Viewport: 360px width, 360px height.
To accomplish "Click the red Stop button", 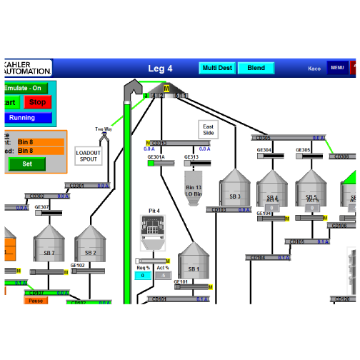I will [x=37, y=102].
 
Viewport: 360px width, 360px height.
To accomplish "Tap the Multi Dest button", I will [x=217, y=68].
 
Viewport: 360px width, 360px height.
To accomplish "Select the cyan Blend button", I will [x=256, y=68].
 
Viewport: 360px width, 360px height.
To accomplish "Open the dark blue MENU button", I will [x=337, y=68].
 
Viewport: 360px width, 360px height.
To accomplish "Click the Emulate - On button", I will [x=24, y=88].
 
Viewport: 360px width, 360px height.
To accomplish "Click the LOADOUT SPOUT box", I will [x=89, y=156].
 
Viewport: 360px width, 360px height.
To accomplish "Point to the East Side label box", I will [x=208, y=129].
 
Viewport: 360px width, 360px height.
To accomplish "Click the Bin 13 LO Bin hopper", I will [x=194, y=189].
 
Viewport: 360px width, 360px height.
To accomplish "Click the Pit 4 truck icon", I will [x=154, y=232].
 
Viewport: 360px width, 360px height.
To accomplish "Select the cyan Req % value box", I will [x=143, y=275].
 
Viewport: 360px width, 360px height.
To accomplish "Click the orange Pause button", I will [x=36, y=301].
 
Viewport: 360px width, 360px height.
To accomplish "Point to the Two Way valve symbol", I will [x=104, y=136].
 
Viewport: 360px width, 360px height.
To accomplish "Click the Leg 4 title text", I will [x=160, y=69].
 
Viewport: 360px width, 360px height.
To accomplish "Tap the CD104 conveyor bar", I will [x=269, y=257].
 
